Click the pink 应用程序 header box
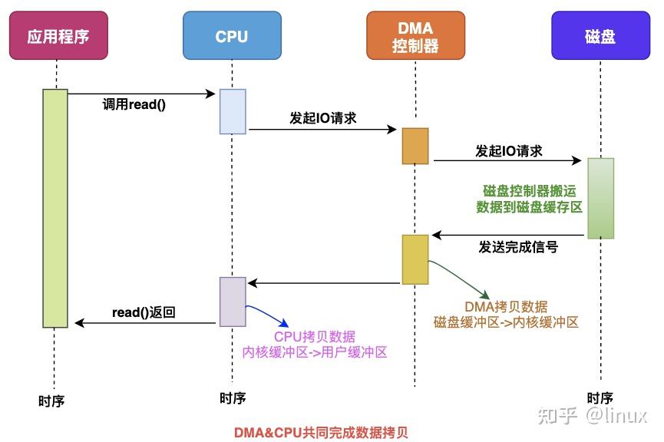pyautogui.click(x=58, y=36)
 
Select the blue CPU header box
pyautogui.click(x=232, y=36)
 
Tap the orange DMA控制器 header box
pyautogui.click(x=415, y=36)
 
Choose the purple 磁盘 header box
pyautogui.click(x=600, y=36)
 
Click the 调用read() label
pyautogui.click(x=134, y=105)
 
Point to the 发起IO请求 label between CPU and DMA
pyautogui.click(x=323, y=118)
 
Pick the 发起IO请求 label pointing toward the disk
pyautogui.click(x=509, y=150)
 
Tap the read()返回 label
pyautogui.click(x=144, y=312)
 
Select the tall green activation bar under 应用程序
pyautogui.click(x=55, y=208)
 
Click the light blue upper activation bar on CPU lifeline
pyautogui.click(x=233, y=111)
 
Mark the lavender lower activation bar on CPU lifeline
pyautogui.click(x=233, y=302)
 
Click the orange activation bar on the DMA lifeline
pyautogui.click(x=415, y=146)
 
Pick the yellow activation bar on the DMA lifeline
pyautogui.click(x=415, y=260)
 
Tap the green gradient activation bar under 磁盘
pyautogui.click(x=601, y=198)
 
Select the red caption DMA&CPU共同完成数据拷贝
pyautogui.click(x=322, y=432)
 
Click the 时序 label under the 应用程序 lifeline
pyautogui.click(x=51, y=400)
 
